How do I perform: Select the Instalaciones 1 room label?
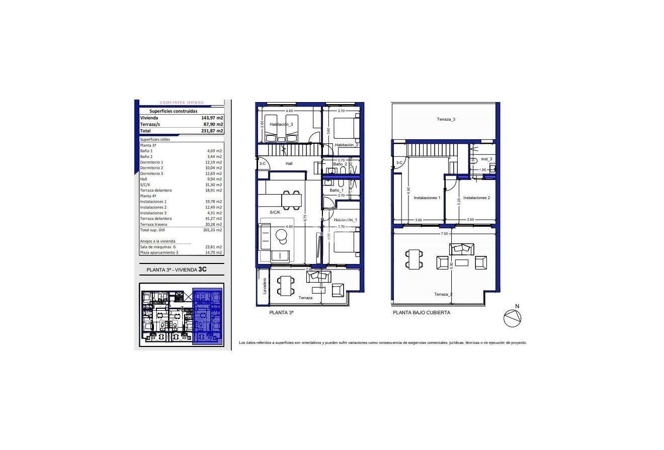pyautogui.click(x=427, y=198)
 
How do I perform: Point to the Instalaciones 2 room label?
pyautogui.click(x=476, y=198)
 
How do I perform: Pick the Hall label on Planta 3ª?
pyautogui.click(x=289, y=163)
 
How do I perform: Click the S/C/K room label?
pyautogui.click(x=275, y=213)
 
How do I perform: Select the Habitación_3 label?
pyautogui.click(x=281, y=124)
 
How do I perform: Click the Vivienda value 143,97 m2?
pyautogui.click(x=212, y=118)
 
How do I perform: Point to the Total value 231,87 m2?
pyautogui.click(x=212, y=130)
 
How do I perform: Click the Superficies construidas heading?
pyautogui.click(x=174, y=111)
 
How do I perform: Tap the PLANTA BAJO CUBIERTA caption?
pyautogui.click(x=422, y=312)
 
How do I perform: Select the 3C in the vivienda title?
pyautogui.click(x=203, y=269)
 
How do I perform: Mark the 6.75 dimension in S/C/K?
pyautogui.click(x=305, y=219)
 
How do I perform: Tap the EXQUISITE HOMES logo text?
pyautogui.click(x=182, y=103)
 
